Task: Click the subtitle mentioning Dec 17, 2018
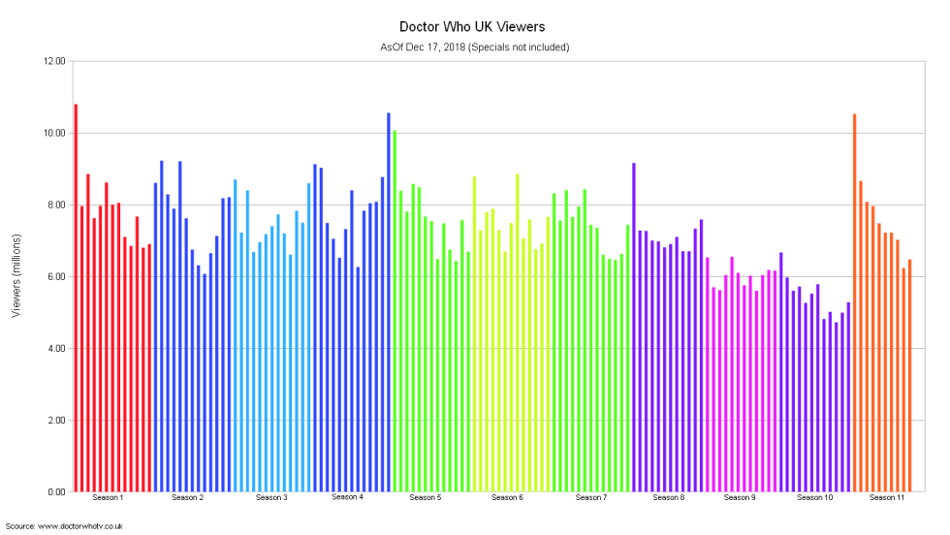474,47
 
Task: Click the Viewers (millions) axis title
16,277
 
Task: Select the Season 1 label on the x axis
108,498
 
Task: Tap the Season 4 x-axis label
347,497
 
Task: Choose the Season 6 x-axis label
507,498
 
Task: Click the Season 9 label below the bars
739,498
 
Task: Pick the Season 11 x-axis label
887,498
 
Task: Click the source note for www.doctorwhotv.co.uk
64,526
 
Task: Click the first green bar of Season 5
395,311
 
